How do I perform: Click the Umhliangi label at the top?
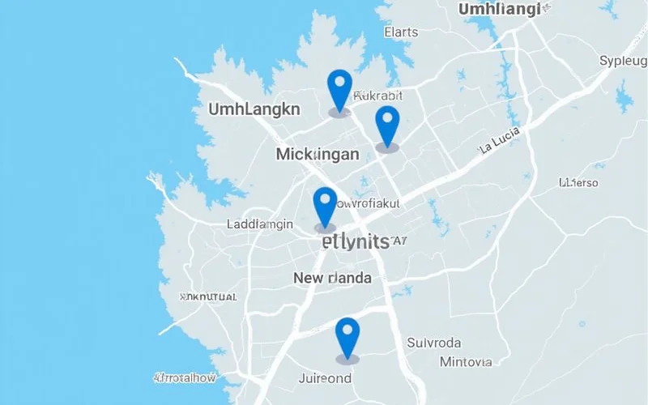tap(500, 10)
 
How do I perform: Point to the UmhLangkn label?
tap(254, 109)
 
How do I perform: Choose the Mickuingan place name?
tap(318, 154)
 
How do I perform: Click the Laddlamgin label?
tap(260, 224)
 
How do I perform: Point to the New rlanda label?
tap(332, 279)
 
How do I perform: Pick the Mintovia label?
tap(465, 362)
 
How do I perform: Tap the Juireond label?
tap(325, 378)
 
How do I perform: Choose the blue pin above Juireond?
tap(347, 335)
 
